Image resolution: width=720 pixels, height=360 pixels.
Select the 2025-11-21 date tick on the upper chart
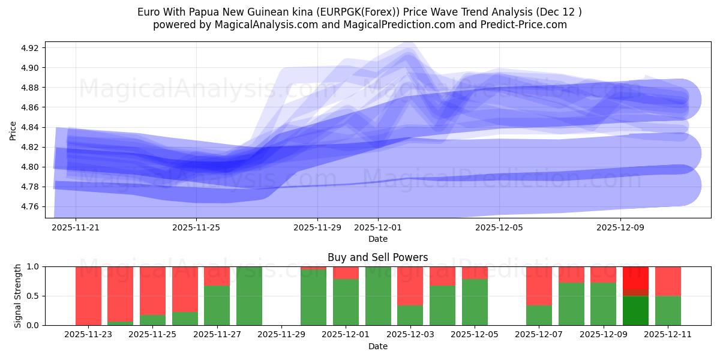[76, 228]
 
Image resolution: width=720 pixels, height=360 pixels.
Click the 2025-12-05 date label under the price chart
[499, 228]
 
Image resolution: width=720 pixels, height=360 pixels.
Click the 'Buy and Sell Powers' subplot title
[377, 257]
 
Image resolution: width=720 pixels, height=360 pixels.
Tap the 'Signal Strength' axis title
[18, 296]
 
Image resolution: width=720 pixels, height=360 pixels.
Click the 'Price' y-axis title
[13, 130]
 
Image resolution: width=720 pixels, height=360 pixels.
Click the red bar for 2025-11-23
[88, 295]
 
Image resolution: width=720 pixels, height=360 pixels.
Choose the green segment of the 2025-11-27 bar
[217, 305]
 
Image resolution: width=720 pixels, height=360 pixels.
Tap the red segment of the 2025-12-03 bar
[410, 286]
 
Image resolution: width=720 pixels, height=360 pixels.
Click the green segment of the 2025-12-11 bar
[668, 310]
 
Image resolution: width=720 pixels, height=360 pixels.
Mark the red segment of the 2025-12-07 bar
[539, 286]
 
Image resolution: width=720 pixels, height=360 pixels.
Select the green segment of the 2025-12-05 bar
[475, 302]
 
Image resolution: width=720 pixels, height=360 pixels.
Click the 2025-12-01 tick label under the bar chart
[345, 335]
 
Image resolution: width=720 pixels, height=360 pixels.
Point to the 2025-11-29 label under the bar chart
[281, 335]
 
